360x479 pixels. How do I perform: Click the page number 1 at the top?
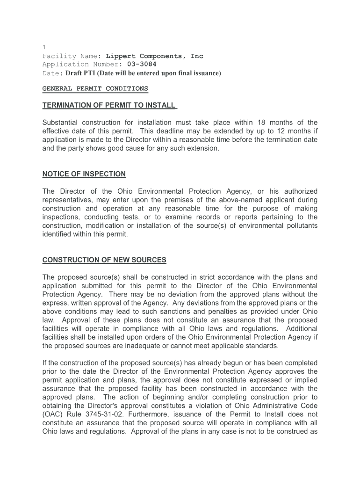point(43,48)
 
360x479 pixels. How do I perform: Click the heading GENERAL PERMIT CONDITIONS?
point(95,88)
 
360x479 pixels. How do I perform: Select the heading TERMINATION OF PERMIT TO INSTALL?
point(109,105)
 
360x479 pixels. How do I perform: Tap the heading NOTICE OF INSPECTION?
point(84,174)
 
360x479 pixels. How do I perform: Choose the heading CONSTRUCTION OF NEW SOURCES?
point(104,260)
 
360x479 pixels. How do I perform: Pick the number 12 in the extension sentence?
point(281,131)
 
